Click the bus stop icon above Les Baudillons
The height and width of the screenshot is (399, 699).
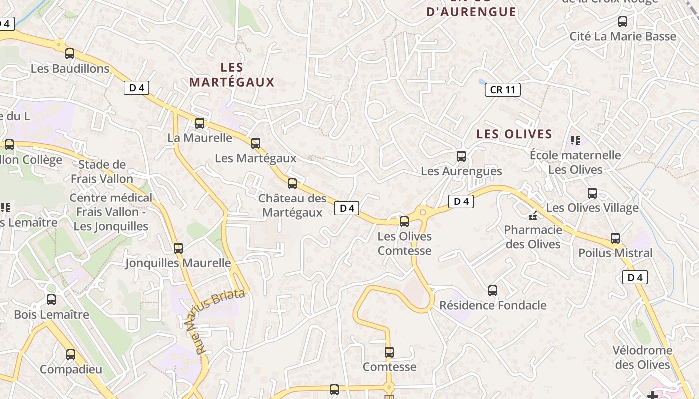(70, 54)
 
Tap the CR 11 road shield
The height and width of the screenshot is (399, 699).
(502, 90)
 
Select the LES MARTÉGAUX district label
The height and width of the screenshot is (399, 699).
(232, 75)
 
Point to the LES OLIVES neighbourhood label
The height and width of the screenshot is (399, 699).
(514, 134)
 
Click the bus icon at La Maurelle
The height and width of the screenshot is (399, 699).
(200, 123)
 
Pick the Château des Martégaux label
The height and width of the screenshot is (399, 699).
(292, 205)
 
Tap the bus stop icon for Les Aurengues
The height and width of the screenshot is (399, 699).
(461, 156)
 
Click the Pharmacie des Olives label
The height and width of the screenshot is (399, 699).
(533, 237)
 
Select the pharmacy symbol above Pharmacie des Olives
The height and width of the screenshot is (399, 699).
(533, 216)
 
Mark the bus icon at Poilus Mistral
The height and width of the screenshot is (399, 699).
(615, 238)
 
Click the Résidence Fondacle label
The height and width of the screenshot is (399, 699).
(493, 305)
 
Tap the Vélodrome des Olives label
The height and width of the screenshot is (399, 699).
(642, 357)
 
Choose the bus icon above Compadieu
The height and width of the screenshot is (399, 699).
(71, 355)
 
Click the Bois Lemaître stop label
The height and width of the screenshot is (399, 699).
(51, 315)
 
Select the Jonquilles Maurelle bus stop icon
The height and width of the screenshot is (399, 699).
(178, 248)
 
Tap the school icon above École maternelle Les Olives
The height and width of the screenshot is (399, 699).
(575, 140)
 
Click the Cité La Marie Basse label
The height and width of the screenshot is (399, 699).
(623, 36)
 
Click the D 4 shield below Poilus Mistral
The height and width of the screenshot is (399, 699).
(635, 278)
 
